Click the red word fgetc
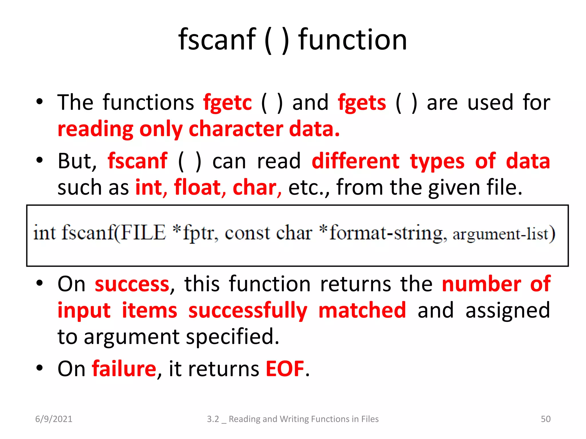point(227,103)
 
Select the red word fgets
point(362,103)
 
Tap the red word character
point(236,129)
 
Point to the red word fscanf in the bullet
point(138,161)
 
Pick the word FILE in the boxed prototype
point(143,233)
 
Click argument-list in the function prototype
point(504,234)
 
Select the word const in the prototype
point(247,233)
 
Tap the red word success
point(132,284)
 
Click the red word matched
point(362,310)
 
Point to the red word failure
point(124,369)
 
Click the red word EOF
point(285,369)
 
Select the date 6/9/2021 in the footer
point(54,419)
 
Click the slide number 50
point(546,419)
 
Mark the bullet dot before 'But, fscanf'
point(39,160)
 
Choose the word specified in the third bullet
point(232,337)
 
